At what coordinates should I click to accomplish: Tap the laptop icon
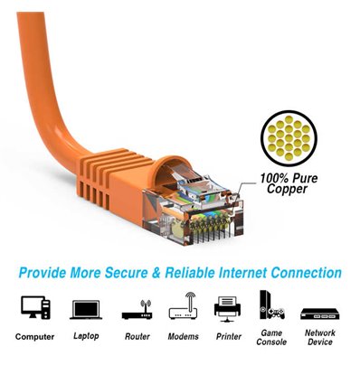click(85, 310)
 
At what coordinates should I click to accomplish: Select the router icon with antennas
click(136, 309)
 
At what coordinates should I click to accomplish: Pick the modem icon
click(183, 307)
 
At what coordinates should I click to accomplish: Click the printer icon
click(228, 308)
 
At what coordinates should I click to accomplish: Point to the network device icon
click(319, 313)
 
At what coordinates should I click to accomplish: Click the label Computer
click(34, 337)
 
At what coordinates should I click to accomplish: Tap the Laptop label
click(85, 336)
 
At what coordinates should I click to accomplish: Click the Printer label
click(228, 336)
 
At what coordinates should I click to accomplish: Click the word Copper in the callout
click(287, 190)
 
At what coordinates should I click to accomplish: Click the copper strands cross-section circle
click(289, 136)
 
